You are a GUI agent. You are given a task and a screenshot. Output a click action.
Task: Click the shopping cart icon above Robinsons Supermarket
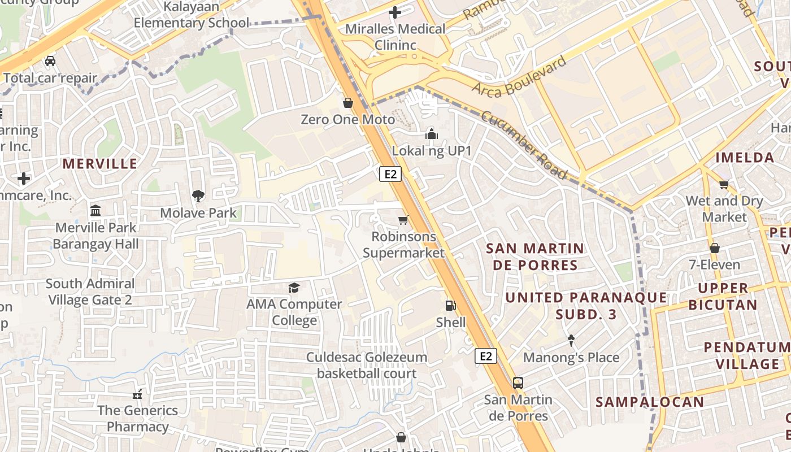(x=403, y=220)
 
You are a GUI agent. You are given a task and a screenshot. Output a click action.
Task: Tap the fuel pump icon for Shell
(x=450, y=306)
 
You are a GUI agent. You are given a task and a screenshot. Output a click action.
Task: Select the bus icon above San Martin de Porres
(x=518, y=383)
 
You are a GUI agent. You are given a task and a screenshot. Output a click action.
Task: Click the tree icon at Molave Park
(x=198, y=196)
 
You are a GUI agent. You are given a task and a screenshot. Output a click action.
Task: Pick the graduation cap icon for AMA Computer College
(x=294, y=288)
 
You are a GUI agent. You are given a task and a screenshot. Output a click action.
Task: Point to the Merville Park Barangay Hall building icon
(x=95, y=211)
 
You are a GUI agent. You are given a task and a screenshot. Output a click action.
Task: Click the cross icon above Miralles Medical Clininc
(x=395, y=12)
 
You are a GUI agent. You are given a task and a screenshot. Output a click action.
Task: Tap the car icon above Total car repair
(x=50, y=61)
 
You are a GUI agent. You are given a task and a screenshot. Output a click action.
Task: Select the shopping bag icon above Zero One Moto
(x=348, y=103)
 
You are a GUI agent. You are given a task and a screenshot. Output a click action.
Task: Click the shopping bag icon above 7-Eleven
(x=714, y=248)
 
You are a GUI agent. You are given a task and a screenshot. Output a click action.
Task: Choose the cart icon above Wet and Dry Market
(x=724, y=184)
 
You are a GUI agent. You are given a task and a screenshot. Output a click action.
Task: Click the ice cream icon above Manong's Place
(x=571, y=341)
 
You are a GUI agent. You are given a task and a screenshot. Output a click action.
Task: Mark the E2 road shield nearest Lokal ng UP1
(x=390, y=174)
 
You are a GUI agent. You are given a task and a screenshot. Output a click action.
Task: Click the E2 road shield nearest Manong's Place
(x=486, y=356)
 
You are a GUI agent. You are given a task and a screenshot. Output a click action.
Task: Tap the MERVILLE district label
(x=100, y=164)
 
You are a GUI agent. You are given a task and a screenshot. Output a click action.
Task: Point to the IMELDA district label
(x=745, y=158)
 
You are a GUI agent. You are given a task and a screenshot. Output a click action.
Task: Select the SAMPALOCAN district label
(x=650, y=402)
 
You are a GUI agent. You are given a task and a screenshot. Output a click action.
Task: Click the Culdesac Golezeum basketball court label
(x=367, y=365)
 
